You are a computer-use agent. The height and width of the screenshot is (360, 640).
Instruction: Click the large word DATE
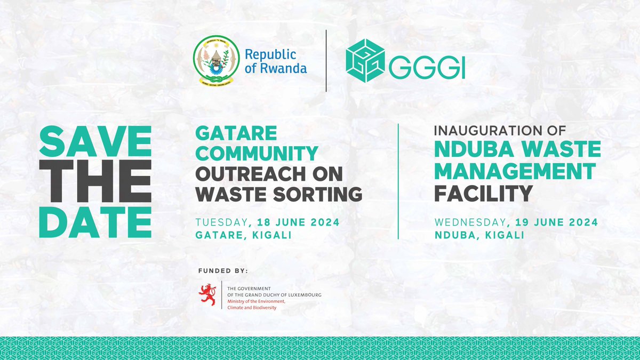pos(94,221)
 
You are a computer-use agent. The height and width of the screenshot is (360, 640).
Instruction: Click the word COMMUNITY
pos(257,153)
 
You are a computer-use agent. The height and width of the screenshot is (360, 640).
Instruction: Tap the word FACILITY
pos(483,194)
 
